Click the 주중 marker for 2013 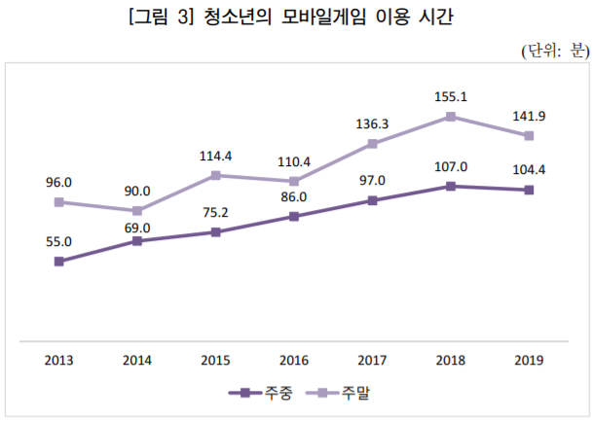click(58, 262)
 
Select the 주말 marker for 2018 click(451, 117)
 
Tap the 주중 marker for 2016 click(293, 217)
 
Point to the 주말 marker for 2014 click(137, 211)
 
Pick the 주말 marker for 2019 click(529, 135)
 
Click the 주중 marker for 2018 click(451, 186)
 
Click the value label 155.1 click(451, 97)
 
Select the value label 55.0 click(58, 242)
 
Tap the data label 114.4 click(215, 156)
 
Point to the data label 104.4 click(529, 170)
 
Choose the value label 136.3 click(372, 123)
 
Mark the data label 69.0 click(137, 228)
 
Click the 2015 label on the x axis click(215, 361)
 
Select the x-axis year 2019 click(529, 361)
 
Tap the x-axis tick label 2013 click(58, 361)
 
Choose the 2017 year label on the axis click(372, 361)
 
